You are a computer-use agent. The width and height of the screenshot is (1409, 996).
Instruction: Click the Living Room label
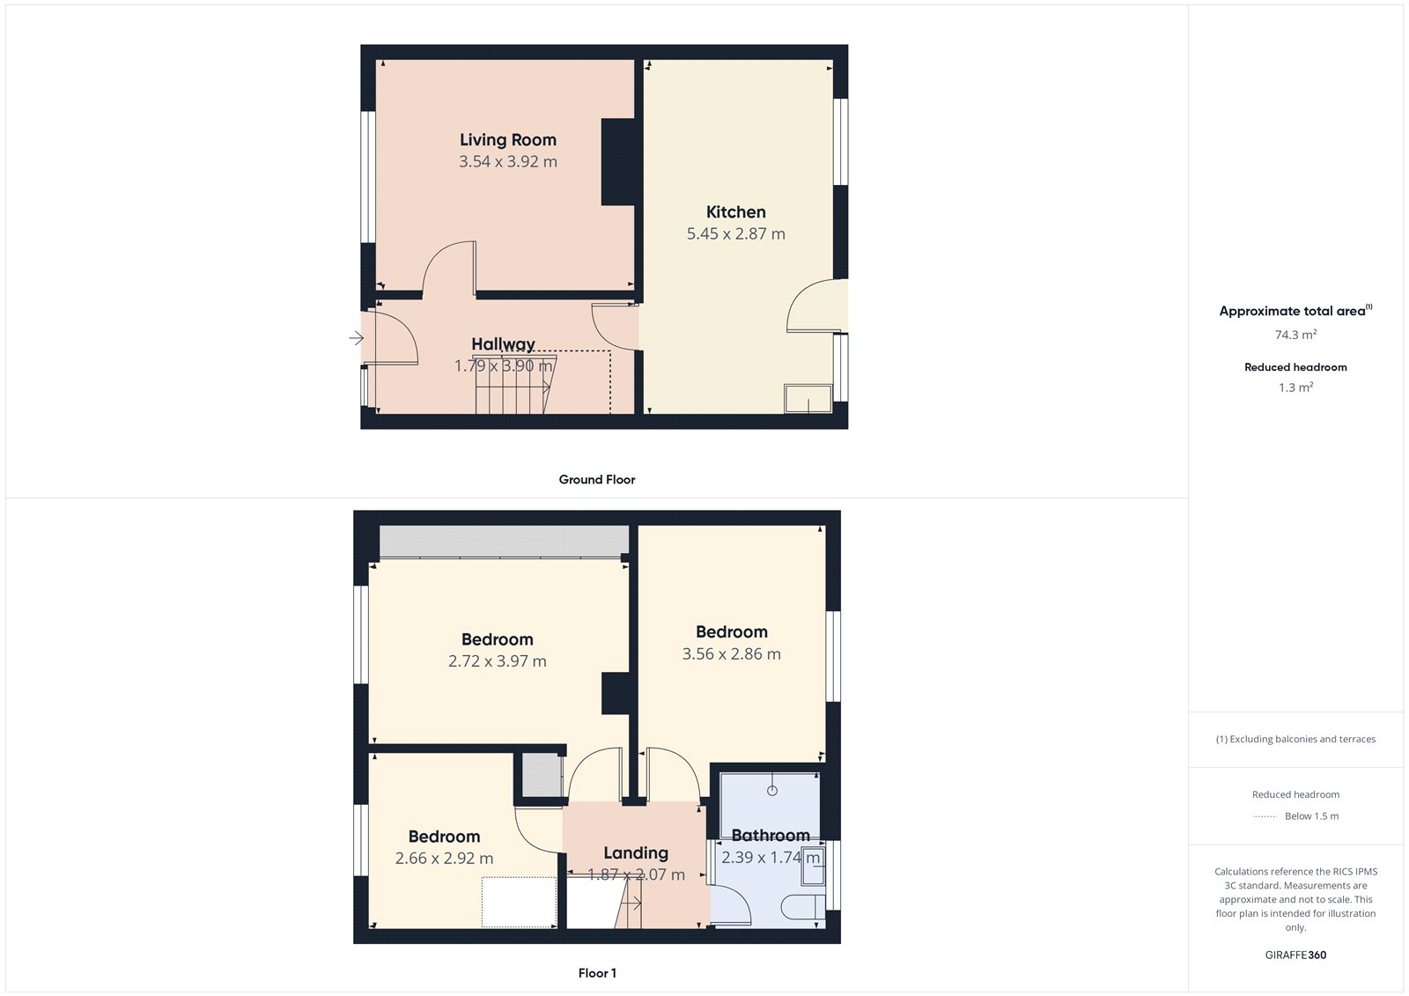(507, 140)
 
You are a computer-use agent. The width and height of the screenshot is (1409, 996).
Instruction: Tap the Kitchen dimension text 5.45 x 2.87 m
(735, 234)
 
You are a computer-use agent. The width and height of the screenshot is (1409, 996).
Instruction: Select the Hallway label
(503, 344)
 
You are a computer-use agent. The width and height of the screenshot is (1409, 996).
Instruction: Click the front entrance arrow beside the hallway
(356, 338)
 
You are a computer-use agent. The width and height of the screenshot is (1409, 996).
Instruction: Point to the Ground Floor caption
(596, 480)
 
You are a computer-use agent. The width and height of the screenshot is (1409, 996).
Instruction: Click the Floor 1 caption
(597, 973)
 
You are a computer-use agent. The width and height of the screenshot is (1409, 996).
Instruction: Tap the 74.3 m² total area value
(1295, 335)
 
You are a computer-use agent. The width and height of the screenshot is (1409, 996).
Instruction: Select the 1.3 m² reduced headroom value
(1295, 387)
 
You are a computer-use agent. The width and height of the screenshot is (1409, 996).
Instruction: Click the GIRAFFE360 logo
(1295, 955)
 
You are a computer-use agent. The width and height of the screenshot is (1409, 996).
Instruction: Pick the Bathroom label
(771, 835)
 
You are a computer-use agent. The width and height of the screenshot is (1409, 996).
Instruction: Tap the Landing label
(636, 852)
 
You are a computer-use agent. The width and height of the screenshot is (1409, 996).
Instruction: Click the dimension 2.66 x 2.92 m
(444, 859)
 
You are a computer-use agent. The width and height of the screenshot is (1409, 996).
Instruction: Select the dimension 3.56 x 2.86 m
(731, 654)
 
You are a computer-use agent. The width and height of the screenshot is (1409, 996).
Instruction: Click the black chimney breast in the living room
(618, 162)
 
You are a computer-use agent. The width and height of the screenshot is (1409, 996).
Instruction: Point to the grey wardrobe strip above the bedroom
(504, 541)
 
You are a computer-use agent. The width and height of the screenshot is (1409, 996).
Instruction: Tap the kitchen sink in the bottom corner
(808, 399)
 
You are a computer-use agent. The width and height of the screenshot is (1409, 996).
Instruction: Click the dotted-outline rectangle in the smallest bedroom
(519, 902)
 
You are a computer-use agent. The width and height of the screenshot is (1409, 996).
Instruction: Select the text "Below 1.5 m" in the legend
(1311, 816)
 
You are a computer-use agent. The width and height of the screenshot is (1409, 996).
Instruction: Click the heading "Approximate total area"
(1292, 311)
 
